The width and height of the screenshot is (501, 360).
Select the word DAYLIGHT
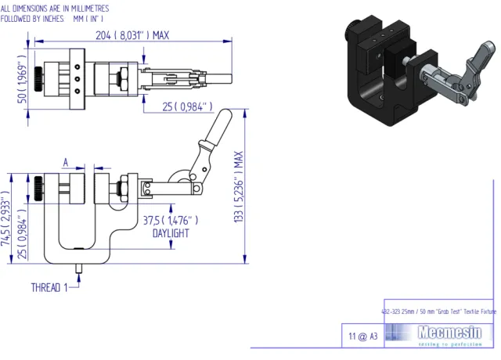click(171, 233)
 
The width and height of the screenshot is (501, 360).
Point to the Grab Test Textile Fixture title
click(438, 311)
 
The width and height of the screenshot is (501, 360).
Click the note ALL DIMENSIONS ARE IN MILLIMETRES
click(55, 7)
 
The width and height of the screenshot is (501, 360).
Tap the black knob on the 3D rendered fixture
click(352, 31)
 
